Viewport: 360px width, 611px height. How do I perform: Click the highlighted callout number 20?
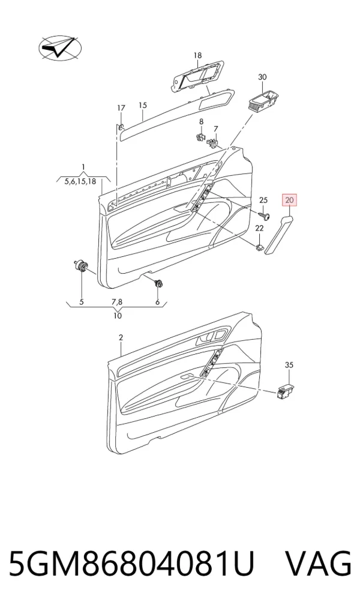pos(289,200)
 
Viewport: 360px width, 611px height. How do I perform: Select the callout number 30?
pos(263,77)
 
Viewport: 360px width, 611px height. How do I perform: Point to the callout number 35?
pos(289,365)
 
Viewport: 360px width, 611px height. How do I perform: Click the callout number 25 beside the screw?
pos(264,200)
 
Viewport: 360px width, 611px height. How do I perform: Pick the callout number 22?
pos(259,229)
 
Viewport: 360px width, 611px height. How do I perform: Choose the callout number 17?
pos(121,108)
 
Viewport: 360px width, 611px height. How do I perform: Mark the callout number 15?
pos(143,105)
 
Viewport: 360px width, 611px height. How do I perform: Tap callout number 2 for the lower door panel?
pos(121,337)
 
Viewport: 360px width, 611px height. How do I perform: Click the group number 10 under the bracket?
pos(118,316)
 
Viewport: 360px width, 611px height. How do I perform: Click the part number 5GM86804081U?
pos(131,564)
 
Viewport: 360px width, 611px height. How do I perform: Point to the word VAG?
pos(319,564)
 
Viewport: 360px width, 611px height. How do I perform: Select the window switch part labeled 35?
pos(286,391)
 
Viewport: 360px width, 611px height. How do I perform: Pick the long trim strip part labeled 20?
pos(280,233)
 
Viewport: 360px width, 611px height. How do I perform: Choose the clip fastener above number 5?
pos(82,266)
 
